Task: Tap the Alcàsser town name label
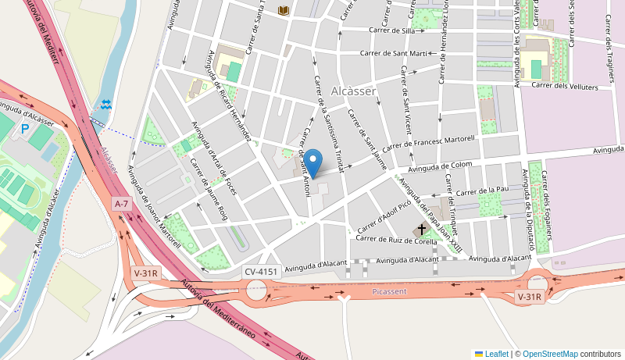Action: [x=354, y=91]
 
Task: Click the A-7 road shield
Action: [x=121, y=204]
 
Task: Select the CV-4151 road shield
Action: [x=261, y=272]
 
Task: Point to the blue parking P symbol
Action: [x=25, y=129]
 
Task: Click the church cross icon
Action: [x=423, y=229]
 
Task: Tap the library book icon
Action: [x=283, y=10]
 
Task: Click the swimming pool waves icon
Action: [x=106, y=104]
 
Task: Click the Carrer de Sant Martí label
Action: [x=394, y=53]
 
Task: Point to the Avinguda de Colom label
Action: [x=441, y=166]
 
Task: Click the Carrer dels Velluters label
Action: [x=565, y=87]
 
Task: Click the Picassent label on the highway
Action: [x=389, y=290]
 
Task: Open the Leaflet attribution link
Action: [x=491, y=354]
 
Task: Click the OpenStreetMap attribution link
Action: [x=550, y=354]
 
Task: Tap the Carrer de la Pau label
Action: [x=483, y=190]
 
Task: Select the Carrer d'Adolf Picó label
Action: [x=384, y=219]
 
